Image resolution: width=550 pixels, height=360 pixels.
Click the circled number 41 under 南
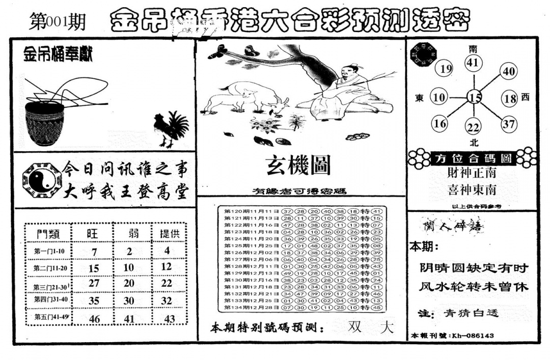473,64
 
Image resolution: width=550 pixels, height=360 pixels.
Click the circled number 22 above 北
474,127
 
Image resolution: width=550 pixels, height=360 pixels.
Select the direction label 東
420,98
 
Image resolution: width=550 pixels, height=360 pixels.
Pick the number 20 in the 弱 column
129,283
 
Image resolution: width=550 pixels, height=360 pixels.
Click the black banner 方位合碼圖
473,158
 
